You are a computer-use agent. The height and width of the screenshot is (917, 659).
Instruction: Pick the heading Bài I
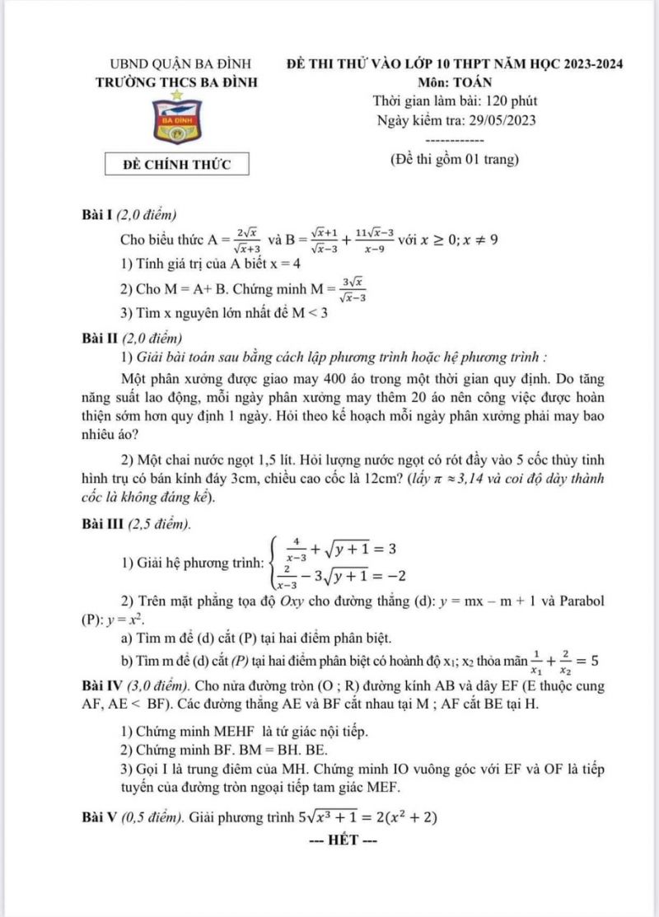(x=93, y=215)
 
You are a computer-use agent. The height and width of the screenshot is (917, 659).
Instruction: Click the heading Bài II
(x=96, y=339)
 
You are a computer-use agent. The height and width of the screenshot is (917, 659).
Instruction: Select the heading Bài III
(x=99, y=524)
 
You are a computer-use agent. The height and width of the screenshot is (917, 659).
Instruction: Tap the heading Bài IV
(x=99, y=685)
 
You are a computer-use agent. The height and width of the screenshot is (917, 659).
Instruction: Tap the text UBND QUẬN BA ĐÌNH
(x=181, y=63)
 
